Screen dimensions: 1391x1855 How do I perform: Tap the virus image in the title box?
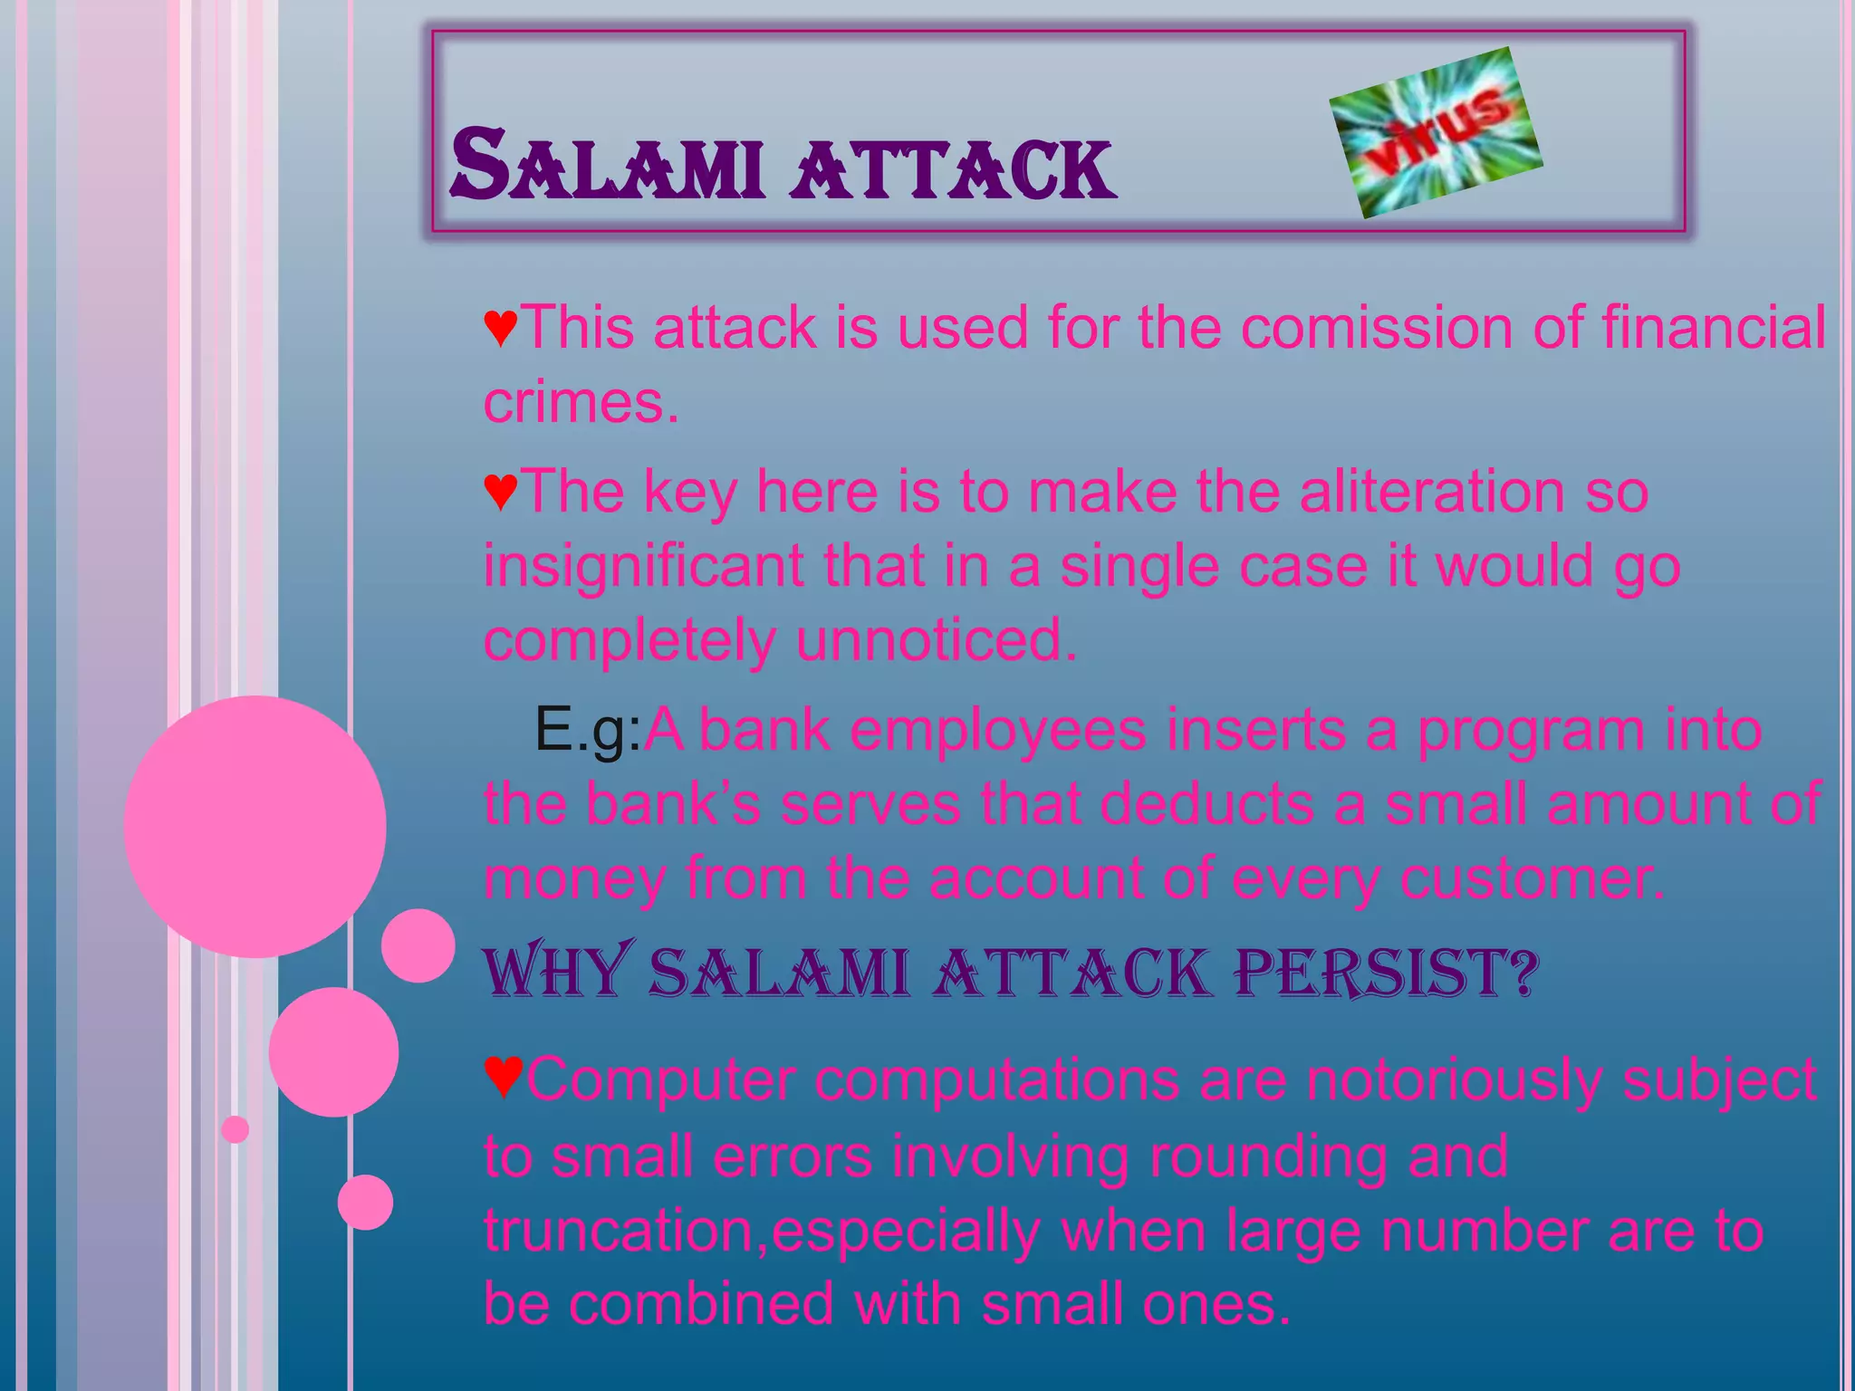click(1436, 132)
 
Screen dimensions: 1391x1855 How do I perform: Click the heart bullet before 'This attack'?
click(501, 327)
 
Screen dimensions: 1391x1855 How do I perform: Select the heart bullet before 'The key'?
click(501, 492)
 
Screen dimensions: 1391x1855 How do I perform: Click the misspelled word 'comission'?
click(1376, 327)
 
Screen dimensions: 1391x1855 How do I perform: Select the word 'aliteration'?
click(1431, 492)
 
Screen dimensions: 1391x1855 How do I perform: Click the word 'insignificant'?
click(643, 566)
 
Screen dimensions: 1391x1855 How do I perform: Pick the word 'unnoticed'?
click(936, 639)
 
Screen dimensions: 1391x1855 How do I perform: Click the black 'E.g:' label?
click(588, 729)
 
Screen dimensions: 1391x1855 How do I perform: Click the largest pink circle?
click(255, 826)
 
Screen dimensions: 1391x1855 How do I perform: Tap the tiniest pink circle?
click(235, 1129)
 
